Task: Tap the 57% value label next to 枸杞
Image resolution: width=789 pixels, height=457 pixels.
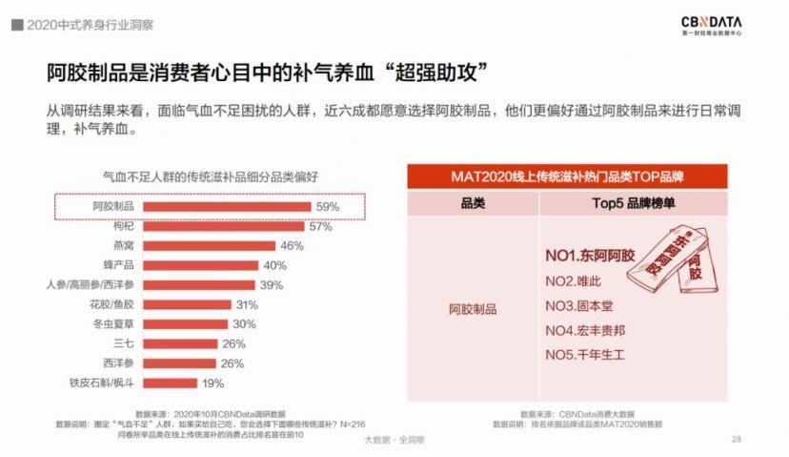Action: [319, 226]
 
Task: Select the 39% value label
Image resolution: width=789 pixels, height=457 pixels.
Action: [272, 284]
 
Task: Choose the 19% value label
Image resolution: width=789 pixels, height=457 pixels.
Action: [212, 383]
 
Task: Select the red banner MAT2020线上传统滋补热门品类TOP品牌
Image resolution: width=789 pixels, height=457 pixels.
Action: [574, 177]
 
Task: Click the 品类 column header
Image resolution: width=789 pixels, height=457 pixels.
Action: [473, 203]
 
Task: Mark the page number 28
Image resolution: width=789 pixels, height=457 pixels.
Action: [736, 439]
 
